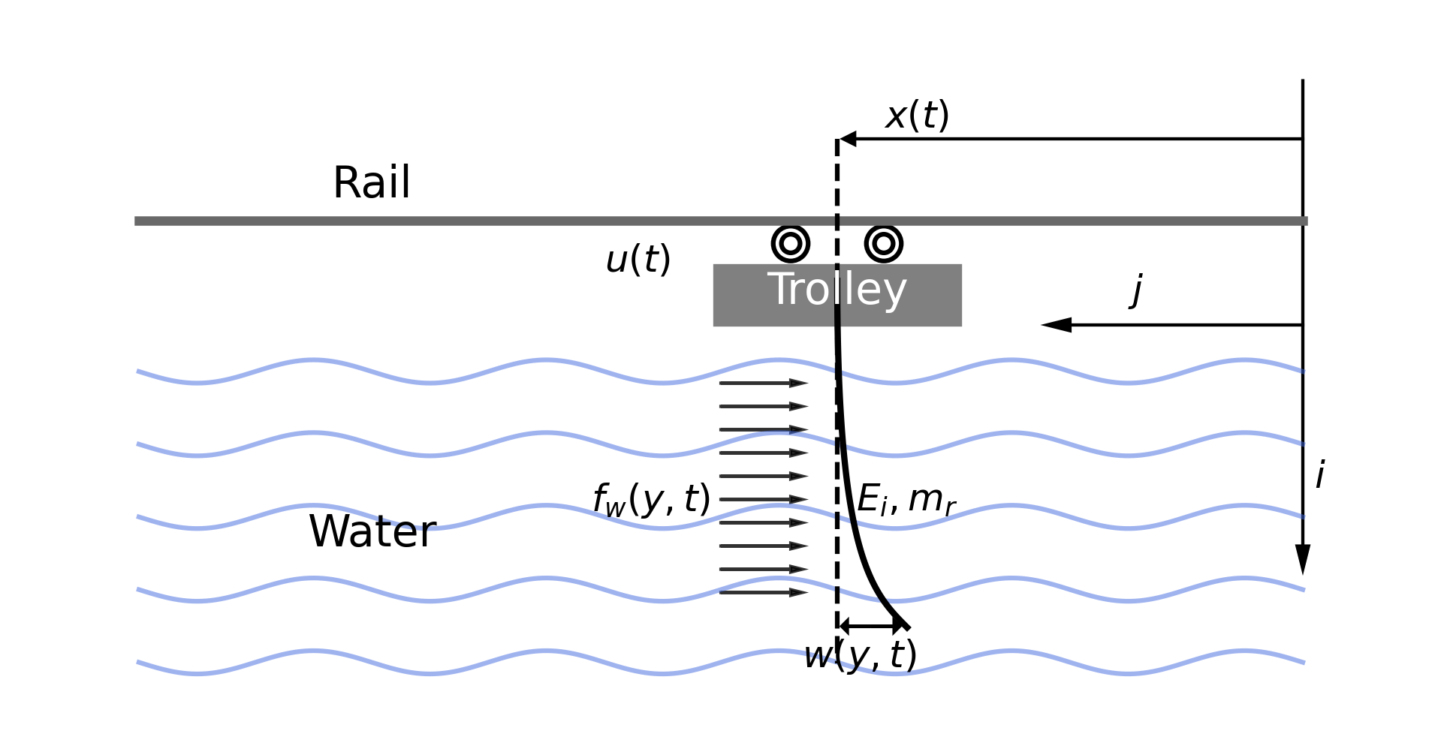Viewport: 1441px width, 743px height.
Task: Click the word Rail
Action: (x=371, y=183)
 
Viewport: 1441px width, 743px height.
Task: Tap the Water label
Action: (x=372, y=531)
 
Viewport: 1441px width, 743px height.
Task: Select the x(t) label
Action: (x=917, y=116)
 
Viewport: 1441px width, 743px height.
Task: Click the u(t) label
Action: (x=638, y=260)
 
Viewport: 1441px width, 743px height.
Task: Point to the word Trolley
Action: (x=837, y=290)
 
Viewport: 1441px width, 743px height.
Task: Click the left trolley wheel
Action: (x=790, y=244)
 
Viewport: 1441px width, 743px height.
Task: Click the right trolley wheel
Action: (x=883, y=244)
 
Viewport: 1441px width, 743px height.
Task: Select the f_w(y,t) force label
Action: (x=651, y=500)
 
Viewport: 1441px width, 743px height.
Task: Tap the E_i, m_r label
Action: (x=906, y=499)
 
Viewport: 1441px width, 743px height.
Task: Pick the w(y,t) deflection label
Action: (x=860, y=655)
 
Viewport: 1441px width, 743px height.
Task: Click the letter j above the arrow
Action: (x=1137, y=290)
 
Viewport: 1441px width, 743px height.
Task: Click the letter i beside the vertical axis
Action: (x=1319, y=475)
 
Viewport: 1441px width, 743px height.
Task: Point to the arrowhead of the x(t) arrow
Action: (x=848, y=139)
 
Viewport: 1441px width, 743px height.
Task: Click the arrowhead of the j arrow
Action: (x=1056, y=325)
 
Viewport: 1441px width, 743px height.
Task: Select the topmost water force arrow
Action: (x=762, y=383)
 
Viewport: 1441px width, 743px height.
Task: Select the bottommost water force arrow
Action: (x=762, y=592)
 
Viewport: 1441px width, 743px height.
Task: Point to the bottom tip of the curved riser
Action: (x=907, y=627)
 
